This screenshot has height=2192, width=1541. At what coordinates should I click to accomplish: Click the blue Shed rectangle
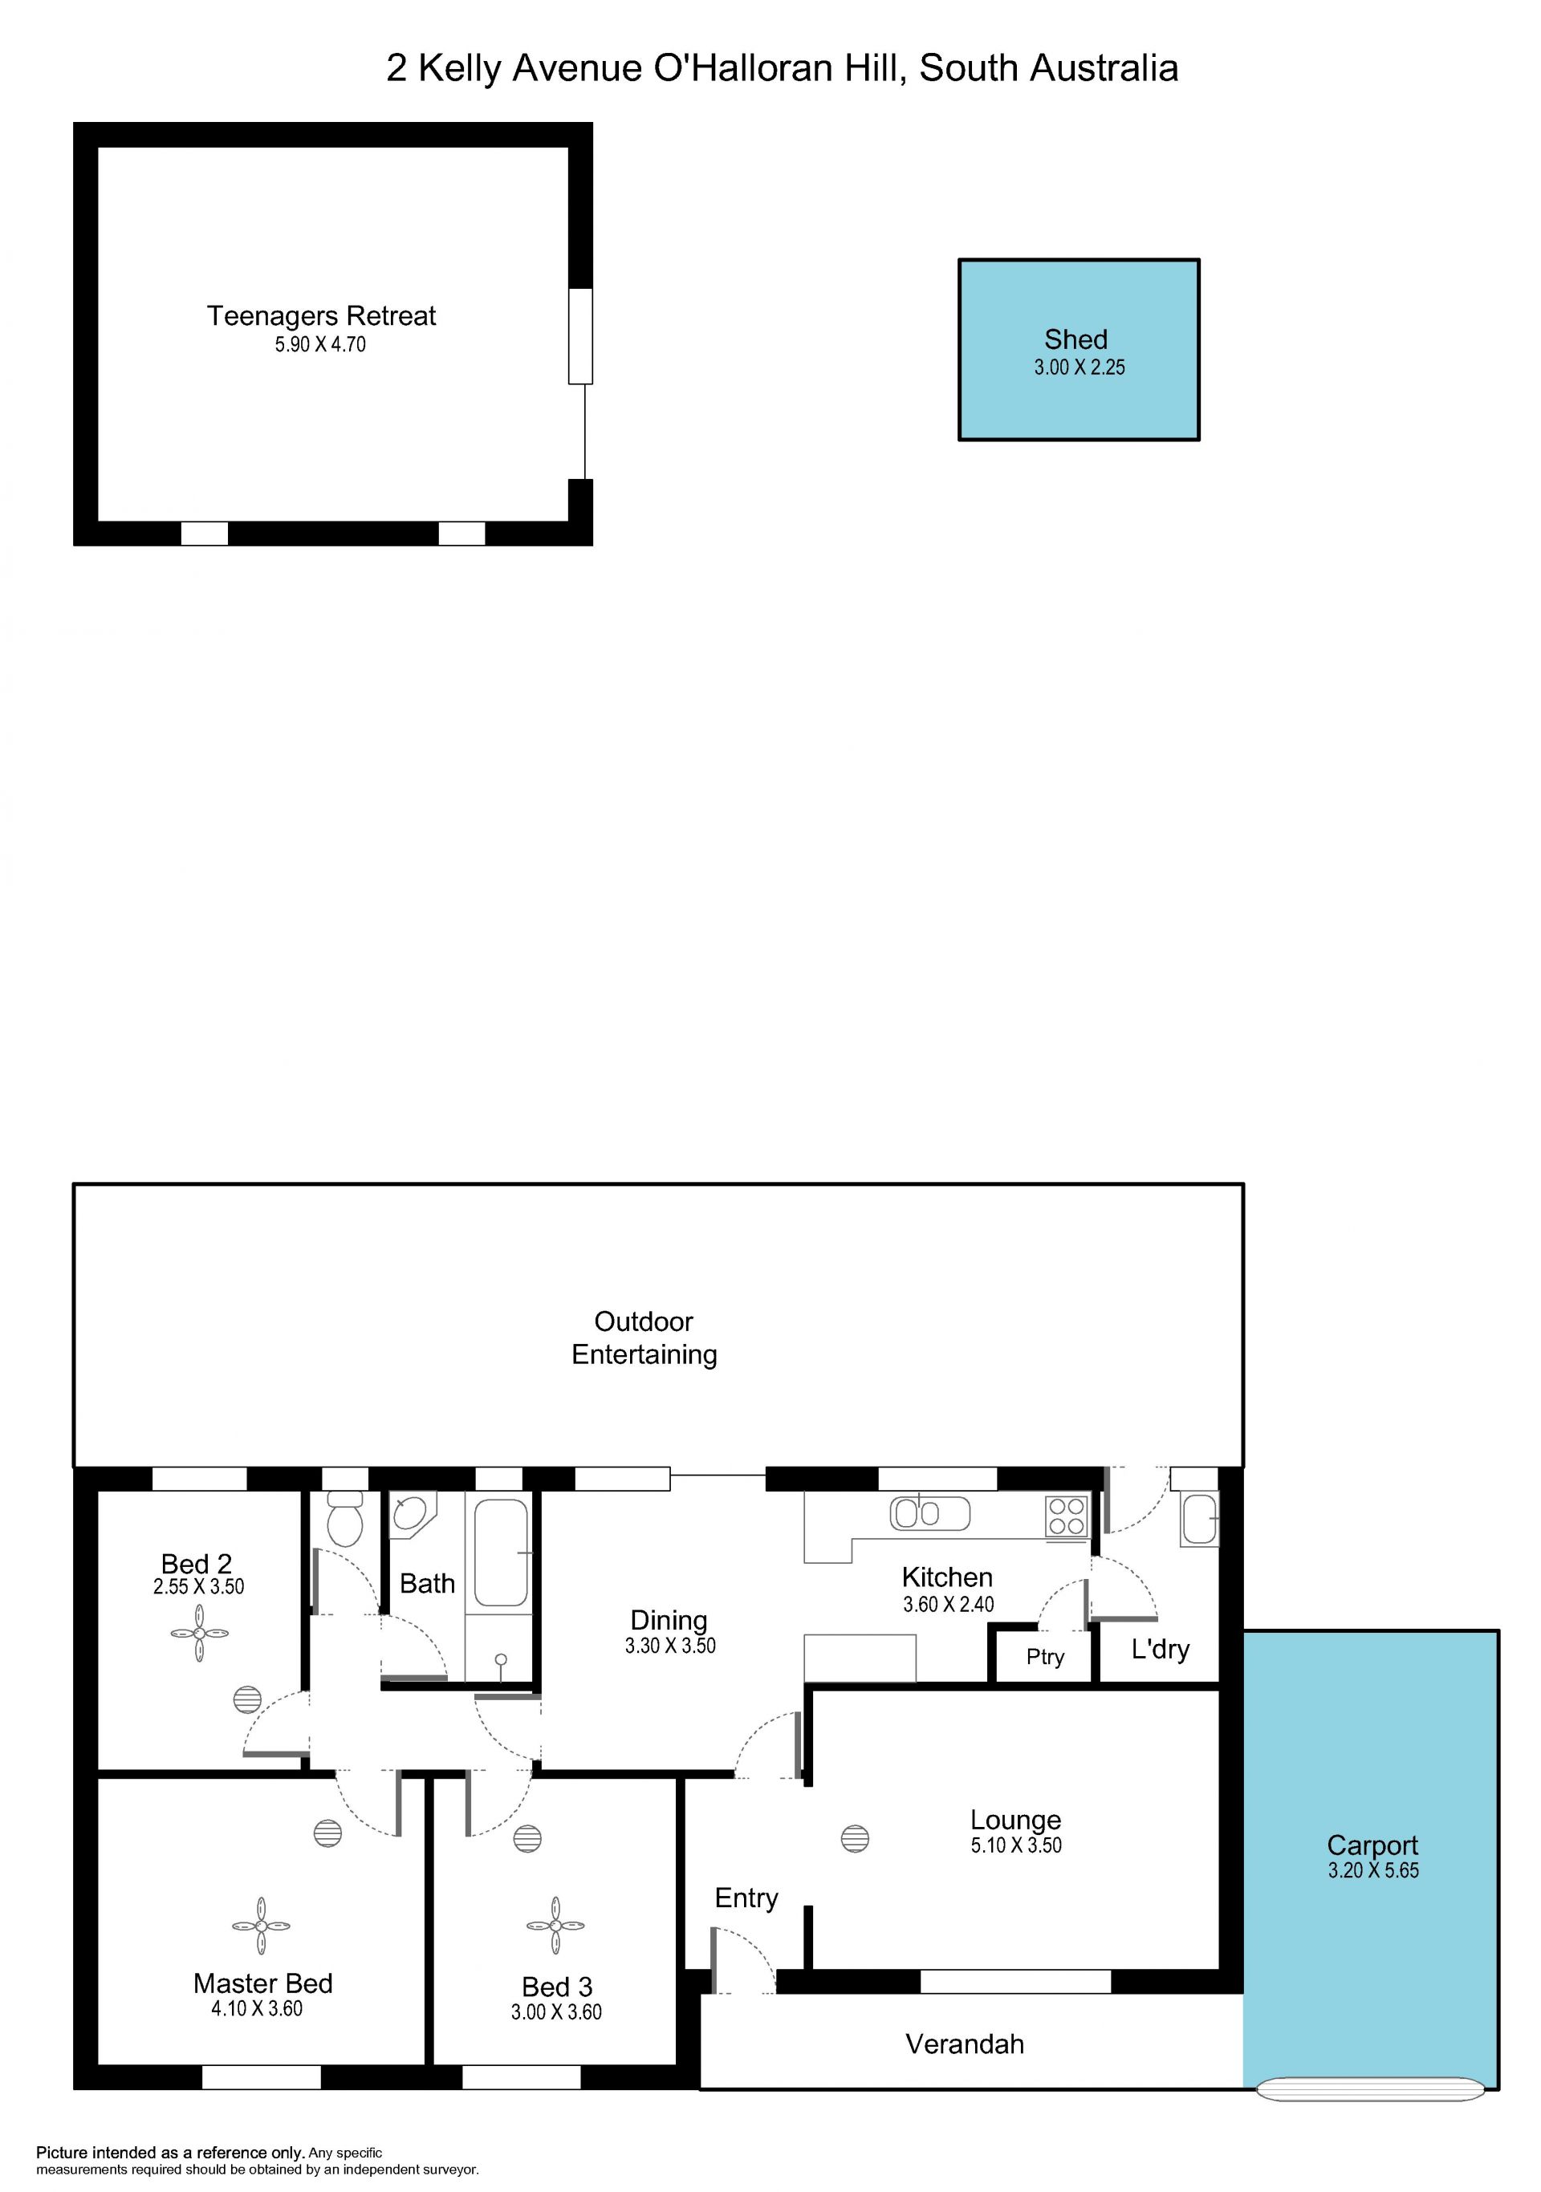1078,350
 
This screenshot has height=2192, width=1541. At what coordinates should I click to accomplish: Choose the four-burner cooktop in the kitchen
1067,1516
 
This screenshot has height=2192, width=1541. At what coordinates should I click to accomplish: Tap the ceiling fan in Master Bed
261,1926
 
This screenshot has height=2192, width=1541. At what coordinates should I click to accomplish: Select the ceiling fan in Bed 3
555,1926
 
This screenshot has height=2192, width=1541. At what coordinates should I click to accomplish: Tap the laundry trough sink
1199,1520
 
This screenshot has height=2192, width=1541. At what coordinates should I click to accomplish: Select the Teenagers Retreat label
321,316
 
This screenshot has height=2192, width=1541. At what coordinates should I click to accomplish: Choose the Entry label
746,1899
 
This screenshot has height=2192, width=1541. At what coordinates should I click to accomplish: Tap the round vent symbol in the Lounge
855,1838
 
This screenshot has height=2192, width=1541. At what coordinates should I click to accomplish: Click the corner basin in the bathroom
411,1513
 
